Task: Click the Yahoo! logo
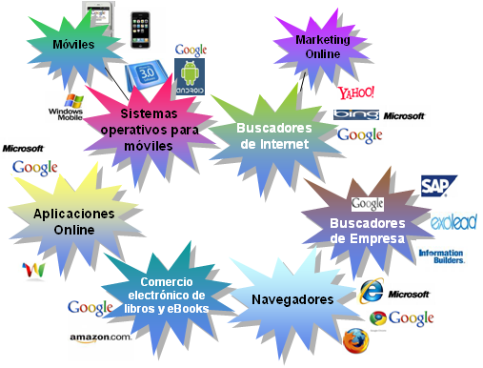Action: click(x=356, y=93)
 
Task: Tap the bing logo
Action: click(x=356, y=115)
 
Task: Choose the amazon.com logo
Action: click(x=100, y=337)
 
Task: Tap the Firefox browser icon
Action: click(x=355, y=339)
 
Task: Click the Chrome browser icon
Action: click(x=377, y=318)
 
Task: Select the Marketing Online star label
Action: click(x=323, y=47)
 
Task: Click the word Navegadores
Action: click(x=292, y=299)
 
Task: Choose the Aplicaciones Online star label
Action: click(x=66, y=221)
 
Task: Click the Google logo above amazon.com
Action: click(x=91, y=307)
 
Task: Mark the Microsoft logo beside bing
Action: click(x=404, y=115)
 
